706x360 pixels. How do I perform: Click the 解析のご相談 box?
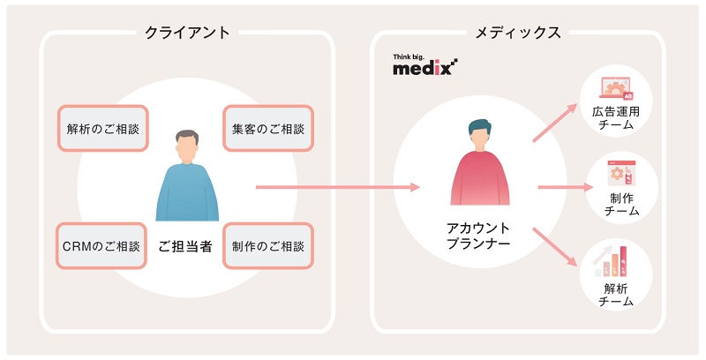[x=102, y=129]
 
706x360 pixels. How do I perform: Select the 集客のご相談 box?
[x=267, y=129]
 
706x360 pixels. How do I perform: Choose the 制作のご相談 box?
[x=267, y=245]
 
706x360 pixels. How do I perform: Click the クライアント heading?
[x=187, y=33]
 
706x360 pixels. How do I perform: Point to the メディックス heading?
[x=518, y=33]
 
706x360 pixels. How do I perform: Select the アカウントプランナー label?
[x=478, y=236]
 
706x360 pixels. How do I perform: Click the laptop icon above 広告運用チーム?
[x=617, y=86]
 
